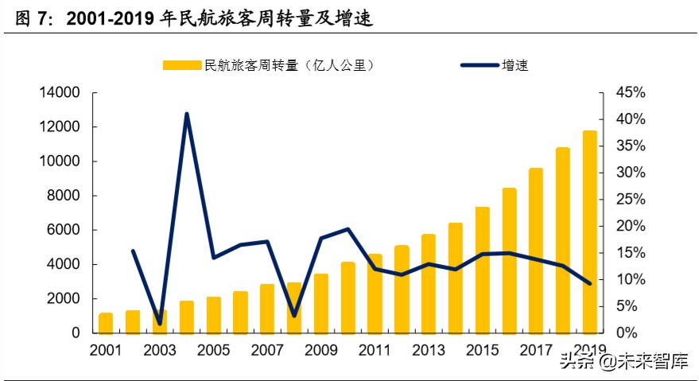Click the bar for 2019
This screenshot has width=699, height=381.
(589, 231)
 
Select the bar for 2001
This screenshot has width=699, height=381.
(106, 323)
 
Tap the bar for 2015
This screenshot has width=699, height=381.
(482, 270)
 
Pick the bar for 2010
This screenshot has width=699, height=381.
(348, 297)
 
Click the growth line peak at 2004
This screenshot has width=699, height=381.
(187, 114)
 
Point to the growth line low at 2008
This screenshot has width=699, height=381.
(294, 316)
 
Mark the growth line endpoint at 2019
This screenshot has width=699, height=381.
(589, 283)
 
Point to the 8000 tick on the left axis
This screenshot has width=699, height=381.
(60, 196)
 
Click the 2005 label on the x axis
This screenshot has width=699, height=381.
(213, 350)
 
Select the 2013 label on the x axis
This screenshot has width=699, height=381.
(429, 350)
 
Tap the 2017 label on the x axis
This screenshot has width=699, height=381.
(536, 350)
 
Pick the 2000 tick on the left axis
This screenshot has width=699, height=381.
(60, 298)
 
